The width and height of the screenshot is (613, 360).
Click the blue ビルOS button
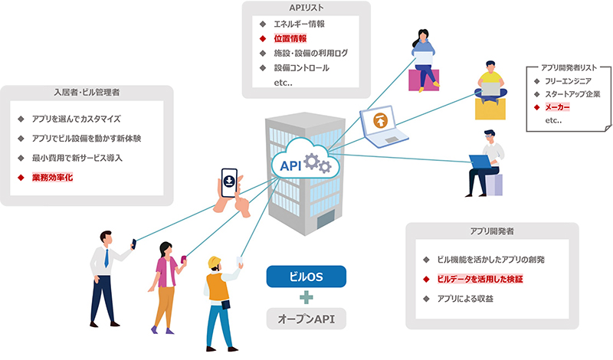(306, 277)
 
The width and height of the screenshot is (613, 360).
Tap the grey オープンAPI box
(306, 319)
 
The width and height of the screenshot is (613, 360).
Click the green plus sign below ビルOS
(306, 297)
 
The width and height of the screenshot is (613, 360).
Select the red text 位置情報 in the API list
(290, 38)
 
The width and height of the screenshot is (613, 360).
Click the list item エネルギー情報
(299, 24)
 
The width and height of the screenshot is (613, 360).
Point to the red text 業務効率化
(52, 178)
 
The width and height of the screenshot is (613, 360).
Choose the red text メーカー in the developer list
(557, 107)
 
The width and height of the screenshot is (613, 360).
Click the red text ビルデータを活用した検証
(480, 279)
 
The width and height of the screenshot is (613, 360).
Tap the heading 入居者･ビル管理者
(87, 92)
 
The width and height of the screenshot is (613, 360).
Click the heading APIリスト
(306, 8)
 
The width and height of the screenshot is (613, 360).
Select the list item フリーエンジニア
(568, 81)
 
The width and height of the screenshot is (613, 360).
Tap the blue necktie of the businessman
(107, 258)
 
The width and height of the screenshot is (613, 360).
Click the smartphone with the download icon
(229, 182)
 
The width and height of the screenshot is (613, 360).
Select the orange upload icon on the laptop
(380, 120)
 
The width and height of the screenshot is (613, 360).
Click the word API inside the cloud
(290, 165)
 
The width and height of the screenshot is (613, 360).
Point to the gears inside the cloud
(317, 163)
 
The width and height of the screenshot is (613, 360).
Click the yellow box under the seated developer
(490, 109)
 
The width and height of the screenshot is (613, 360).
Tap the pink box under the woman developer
(424, 80)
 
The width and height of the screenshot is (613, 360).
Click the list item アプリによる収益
(465, 299)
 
